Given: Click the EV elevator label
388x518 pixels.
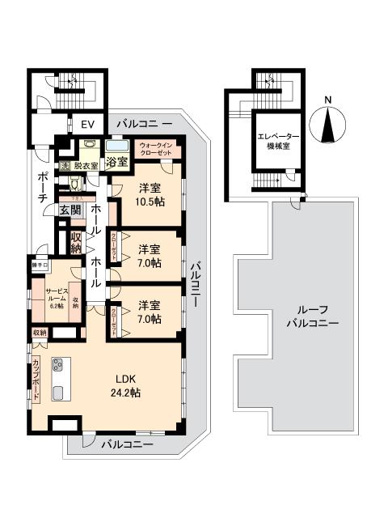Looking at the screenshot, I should click(x=86, y=125).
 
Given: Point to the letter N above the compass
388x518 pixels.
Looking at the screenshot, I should click(x=327, y=100).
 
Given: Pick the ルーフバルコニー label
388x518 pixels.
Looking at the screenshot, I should click(x=311, y=316).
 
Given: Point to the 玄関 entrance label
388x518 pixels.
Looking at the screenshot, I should click(x=70, y=210).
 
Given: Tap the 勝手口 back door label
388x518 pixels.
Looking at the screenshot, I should click(x=40, y=265).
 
